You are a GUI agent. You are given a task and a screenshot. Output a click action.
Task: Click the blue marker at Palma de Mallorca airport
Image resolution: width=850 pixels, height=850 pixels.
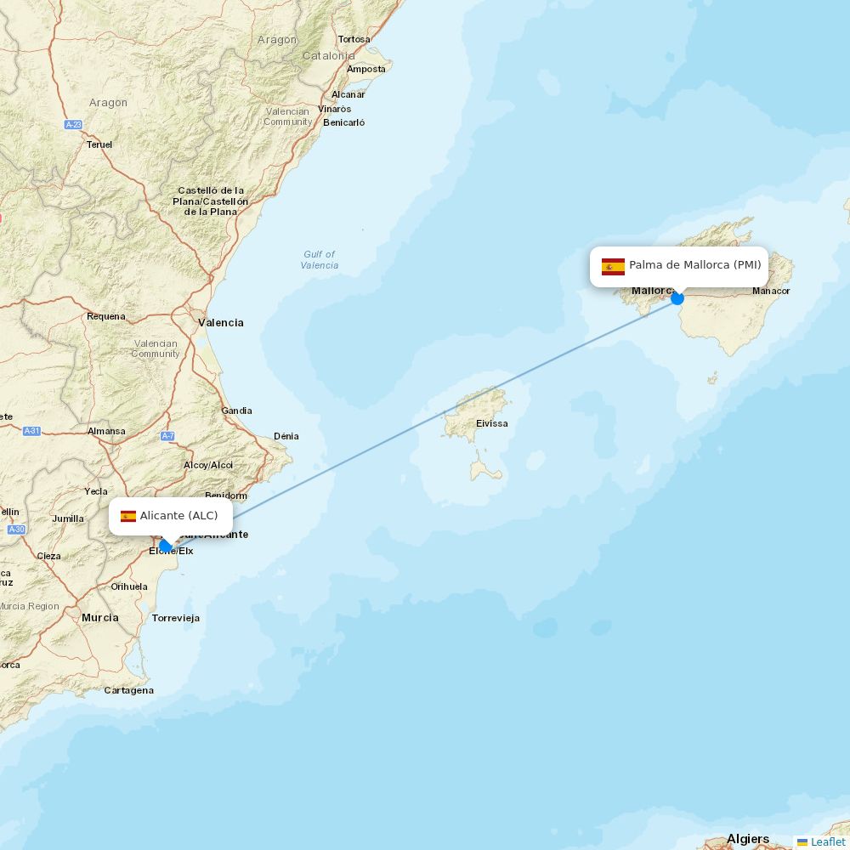[x=677, y=298]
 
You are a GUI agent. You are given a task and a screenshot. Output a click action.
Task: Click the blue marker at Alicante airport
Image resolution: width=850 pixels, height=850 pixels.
[x=166, y=546]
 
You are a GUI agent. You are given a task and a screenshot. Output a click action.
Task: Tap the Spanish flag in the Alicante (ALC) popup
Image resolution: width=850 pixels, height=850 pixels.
[x=128, y=516]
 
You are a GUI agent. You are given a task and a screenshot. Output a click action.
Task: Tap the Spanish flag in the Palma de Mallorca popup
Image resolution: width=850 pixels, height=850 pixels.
[x=613, y=267]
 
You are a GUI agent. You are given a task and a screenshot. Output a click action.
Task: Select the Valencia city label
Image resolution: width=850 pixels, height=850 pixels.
[x=220, y=323]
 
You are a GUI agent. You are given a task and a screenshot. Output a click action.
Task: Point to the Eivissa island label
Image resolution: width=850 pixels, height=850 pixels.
[x=491, y=423]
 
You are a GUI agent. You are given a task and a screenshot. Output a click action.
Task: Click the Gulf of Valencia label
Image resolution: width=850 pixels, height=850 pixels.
[x=319, y=259]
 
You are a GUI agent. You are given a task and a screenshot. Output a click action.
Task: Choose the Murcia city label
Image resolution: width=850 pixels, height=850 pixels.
[x=99, y=617]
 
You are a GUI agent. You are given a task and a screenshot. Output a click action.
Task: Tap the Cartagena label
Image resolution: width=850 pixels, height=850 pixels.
[x=128, y=690]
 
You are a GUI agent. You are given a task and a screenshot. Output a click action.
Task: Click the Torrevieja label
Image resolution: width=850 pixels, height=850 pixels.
[x=175, y=618]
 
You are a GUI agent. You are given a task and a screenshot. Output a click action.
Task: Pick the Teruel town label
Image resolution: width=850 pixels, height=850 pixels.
[x=99, y=144]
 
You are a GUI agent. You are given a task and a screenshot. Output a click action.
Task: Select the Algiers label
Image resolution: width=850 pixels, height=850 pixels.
[x=747, y=839]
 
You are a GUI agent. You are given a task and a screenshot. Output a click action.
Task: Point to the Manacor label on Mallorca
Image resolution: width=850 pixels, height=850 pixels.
[x=771, y=291]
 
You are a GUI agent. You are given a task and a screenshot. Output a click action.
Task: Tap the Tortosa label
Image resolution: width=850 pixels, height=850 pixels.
[x=354, y=39]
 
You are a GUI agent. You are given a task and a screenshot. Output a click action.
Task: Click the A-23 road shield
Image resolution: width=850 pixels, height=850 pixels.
[x=73, y=125]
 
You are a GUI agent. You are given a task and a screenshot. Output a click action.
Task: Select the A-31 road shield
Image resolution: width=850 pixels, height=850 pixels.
[x=31, y=431]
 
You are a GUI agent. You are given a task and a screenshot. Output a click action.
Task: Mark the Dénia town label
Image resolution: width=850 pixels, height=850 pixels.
[x=286, y=436]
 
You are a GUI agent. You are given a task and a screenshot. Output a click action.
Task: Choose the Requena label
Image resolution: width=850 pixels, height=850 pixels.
[x=105, y=316]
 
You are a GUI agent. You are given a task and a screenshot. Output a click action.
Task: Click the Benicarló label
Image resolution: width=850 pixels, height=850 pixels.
[x=343, y=122]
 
